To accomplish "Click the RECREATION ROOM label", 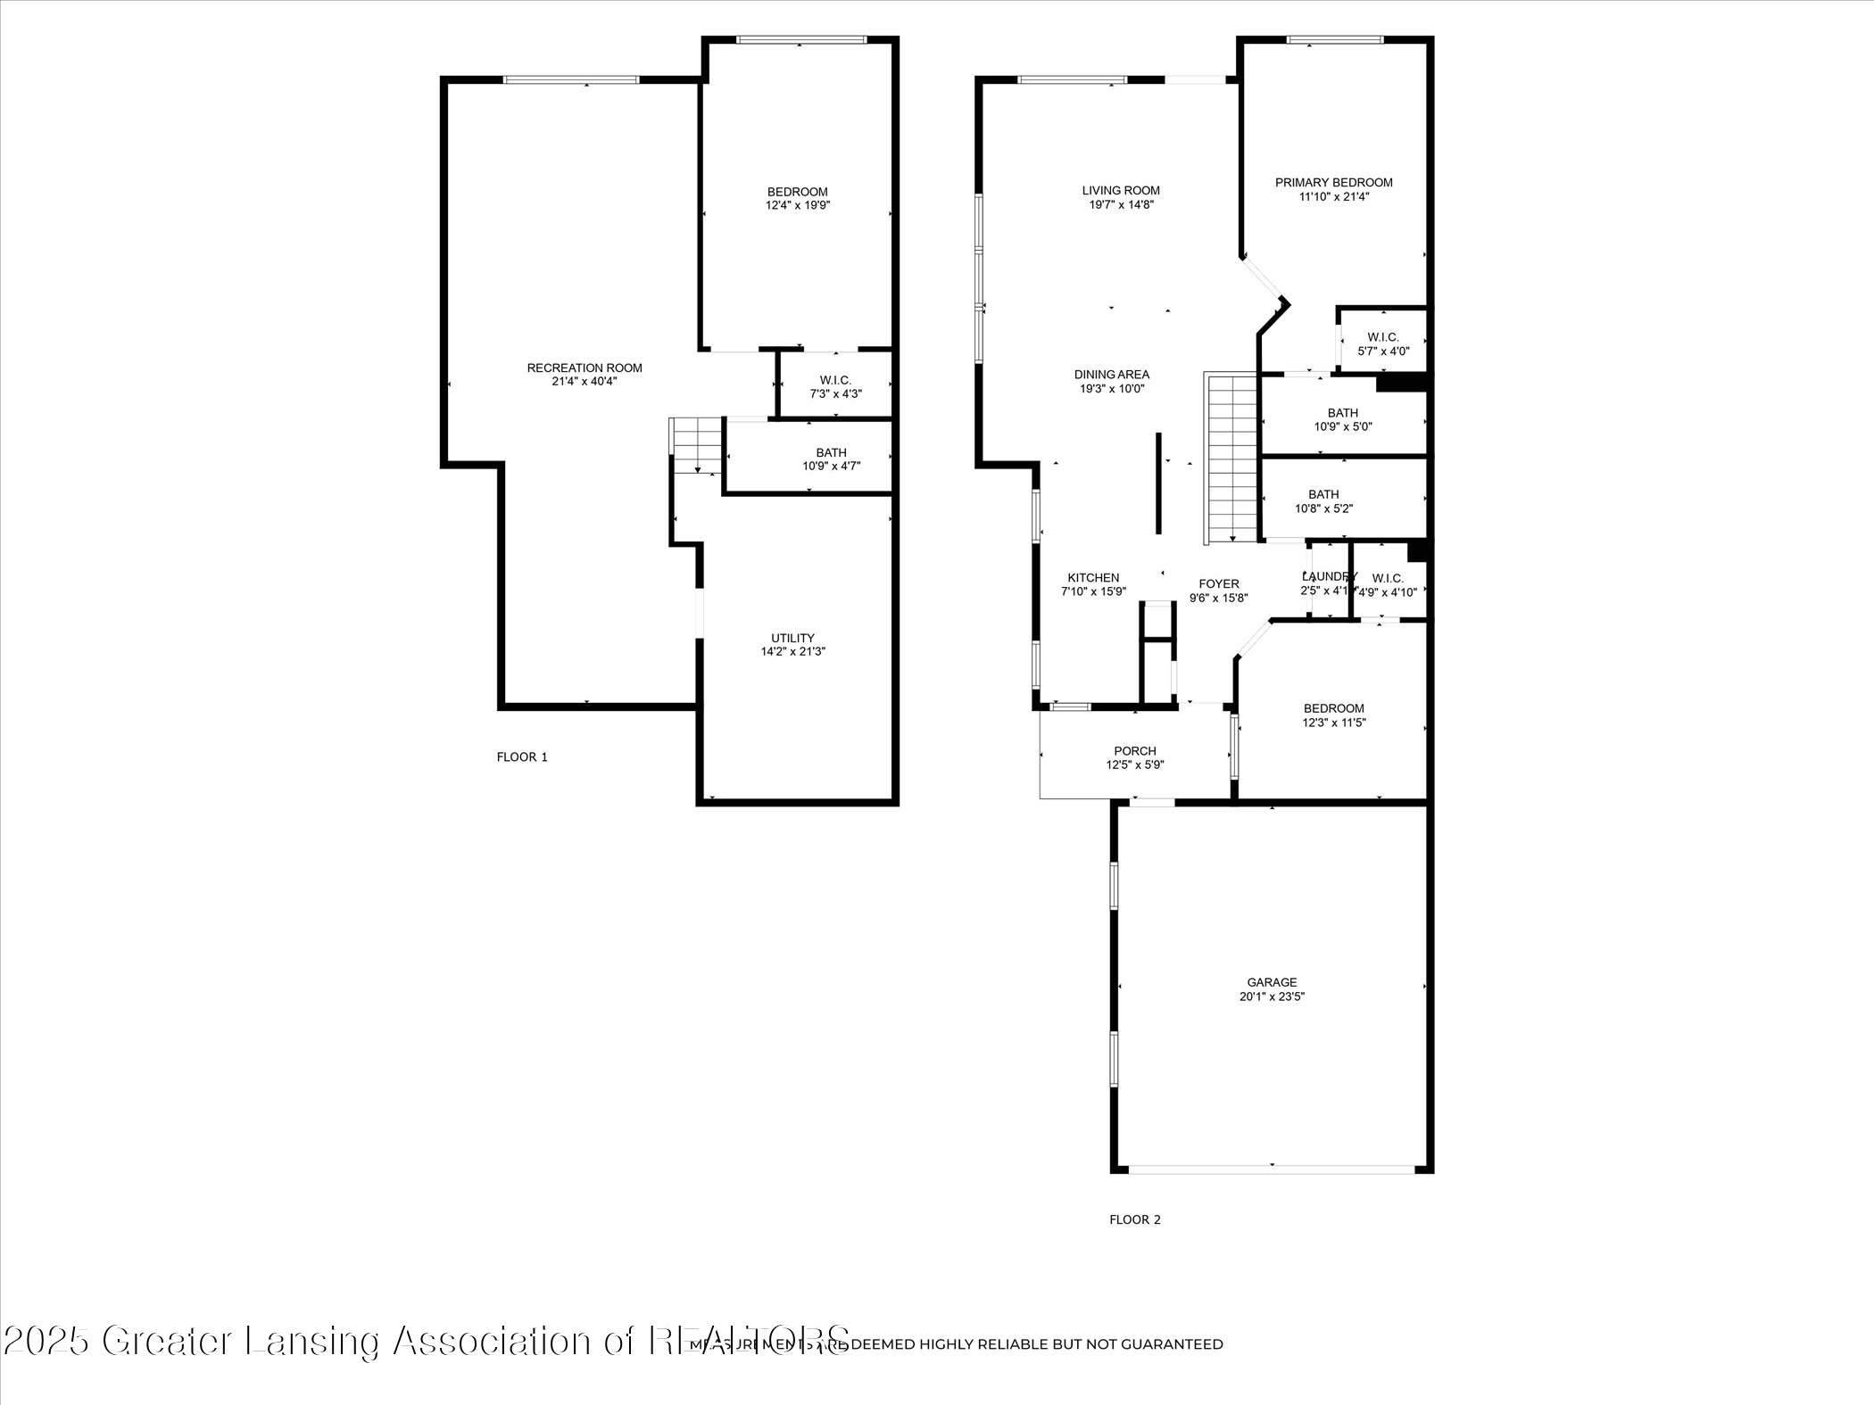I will [585, 368].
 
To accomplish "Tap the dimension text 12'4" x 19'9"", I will [798, 205].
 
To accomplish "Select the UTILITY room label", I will [792, 638].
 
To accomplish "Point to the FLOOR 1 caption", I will [522, 757].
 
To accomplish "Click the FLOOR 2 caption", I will [1134, 1219].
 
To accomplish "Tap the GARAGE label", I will [1272, 982].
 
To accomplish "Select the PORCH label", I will [1135, 751].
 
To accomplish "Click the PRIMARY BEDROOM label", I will [1333, 182].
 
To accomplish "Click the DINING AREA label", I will [1111, 375].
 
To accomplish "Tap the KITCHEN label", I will [1093, 577].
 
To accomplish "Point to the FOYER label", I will [1218, 583].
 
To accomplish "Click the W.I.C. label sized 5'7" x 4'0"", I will [1383, 336].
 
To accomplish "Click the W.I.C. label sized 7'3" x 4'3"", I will [835, 380].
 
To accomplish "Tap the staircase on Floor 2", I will [1232, 459].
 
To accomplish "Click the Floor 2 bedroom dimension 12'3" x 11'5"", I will [1333, 723].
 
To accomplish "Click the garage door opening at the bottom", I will [1271, 1168].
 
